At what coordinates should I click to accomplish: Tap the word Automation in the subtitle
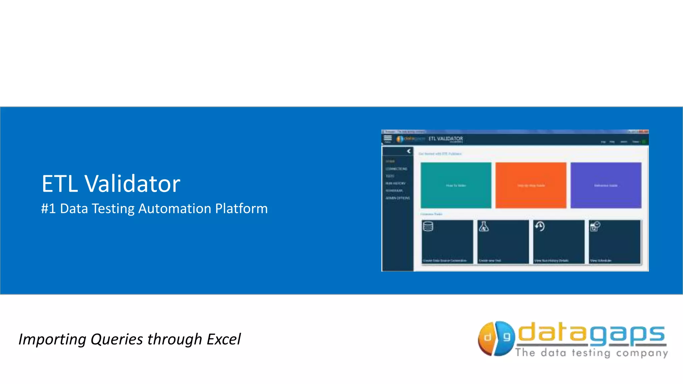click(x=174, y=209)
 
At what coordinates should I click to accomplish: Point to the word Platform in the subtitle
click(x=241, y=209)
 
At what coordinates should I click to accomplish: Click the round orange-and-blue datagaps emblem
click(x=496, y=338)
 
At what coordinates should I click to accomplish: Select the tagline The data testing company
click(x=591, y=353)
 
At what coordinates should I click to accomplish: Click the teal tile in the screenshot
click(x=456, y=185)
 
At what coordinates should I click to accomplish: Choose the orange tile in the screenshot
click(x=531, y=185)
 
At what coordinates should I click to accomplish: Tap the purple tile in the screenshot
click(x=606, y=185)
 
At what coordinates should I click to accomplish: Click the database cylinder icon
click(x=428, y=227)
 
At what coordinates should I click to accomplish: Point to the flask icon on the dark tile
click(x=484, y=227)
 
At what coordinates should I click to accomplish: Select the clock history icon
click(x=540, y=227)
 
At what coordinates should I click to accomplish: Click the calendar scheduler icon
click(x=595, y=227)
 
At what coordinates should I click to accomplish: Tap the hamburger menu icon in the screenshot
click(x=388, y=138)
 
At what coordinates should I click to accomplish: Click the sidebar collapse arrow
click(x=409, y=151)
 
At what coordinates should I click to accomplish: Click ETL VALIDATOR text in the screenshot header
click(x=446, y=139)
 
